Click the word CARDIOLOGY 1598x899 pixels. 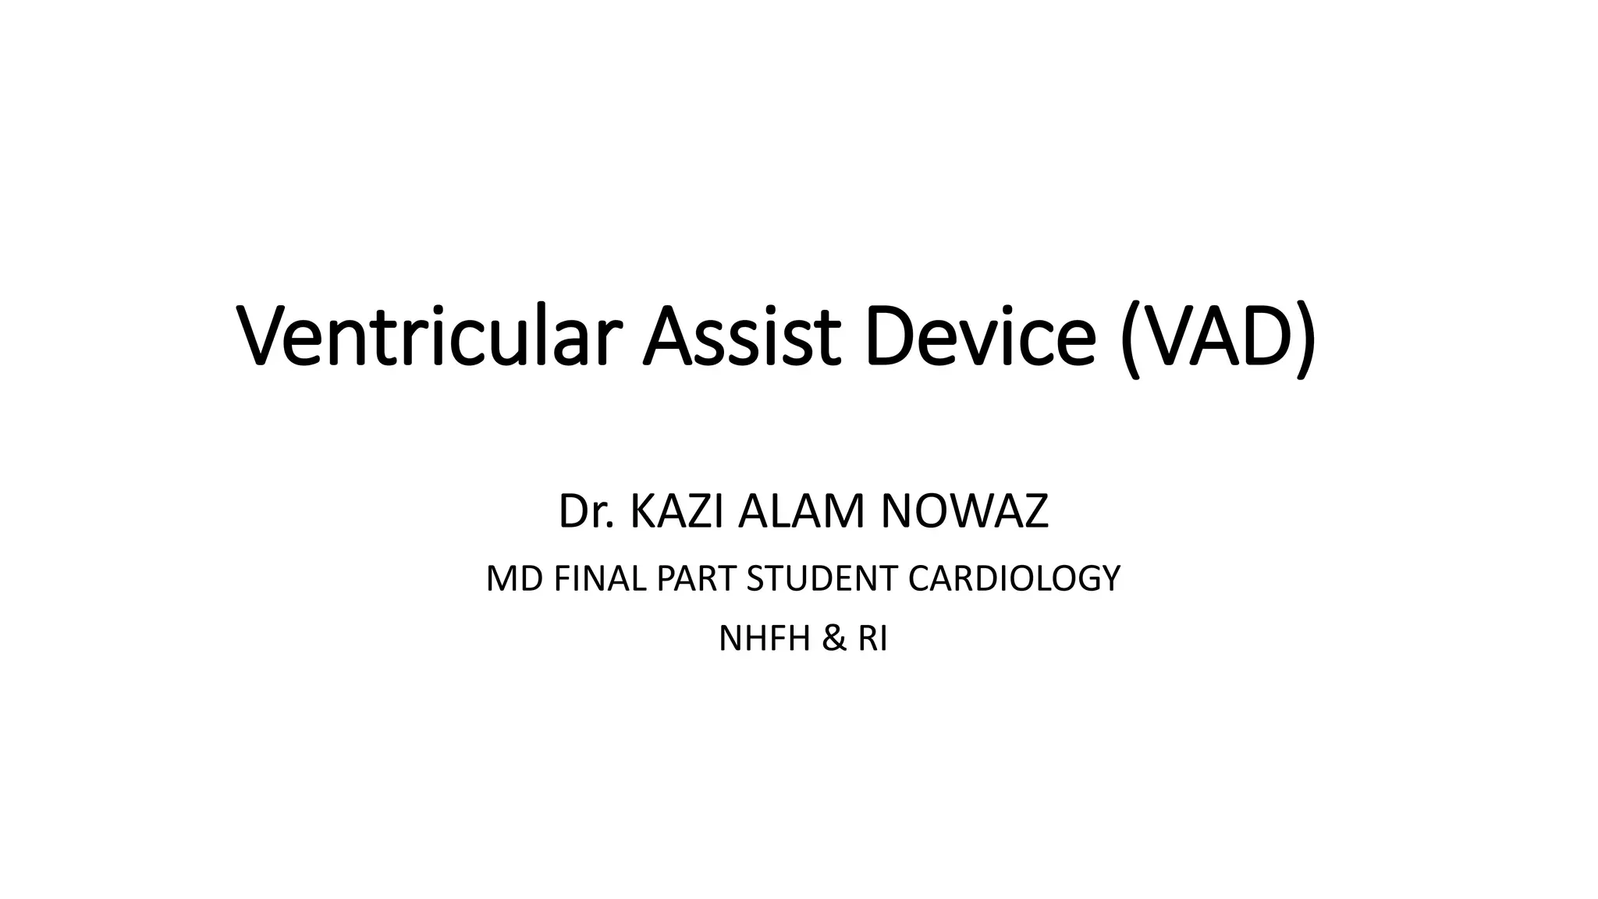pyautogui.click(x=1014, y=579)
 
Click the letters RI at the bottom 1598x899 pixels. pyautogui.click(x=872, y=639)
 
